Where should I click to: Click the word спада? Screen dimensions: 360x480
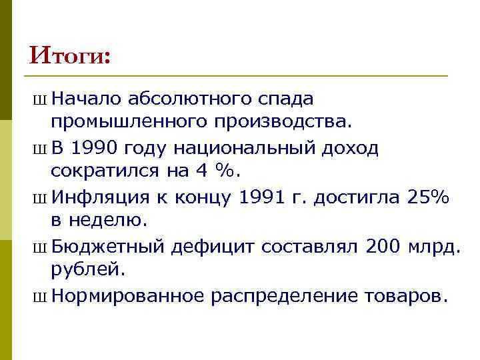click(287, 100)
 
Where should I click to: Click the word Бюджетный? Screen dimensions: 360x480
click(107, 246)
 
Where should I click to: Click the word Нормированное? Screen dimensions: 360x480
click(127, 295)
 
